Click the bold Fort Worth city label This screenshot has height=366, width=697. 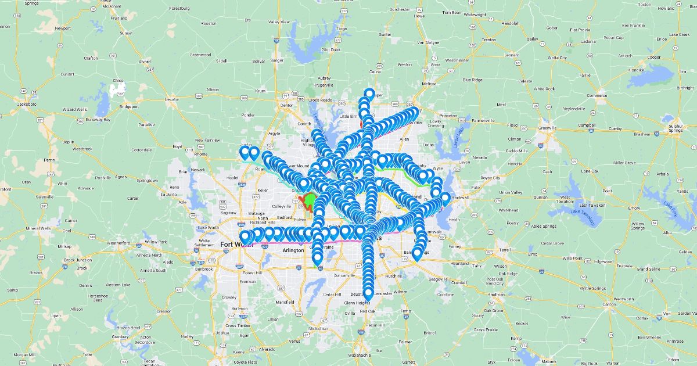(235, 244)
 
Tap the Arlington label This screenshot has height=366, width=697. (293, 250)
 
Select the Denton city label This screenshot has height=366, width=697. (287, 105)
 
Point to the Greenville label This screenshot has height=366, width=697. (547, 128)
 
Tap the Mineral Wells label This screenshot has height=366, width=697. (39, 228)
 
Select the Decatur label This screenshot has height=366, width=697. (171, 99)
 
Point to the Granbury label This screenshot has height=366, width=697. (120, 336)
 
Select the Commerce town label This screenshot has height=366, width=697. (597, 95)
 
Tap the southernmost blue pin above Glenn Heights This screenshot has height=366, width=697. (368, 293)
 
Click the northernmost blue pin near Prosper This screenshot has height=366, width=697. (369, 93)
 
